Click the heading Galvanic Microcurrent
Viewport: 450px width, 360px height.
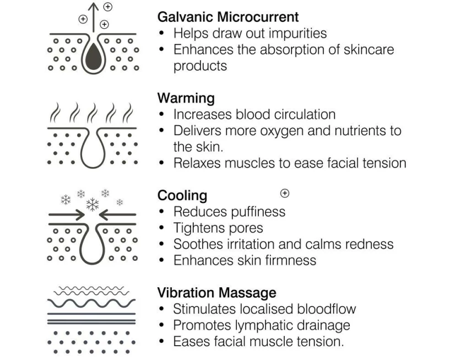coord(228,18)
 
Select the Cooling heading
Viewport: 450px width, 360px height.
coord(182,195)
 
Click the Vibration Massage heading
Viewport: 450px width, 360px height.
coord(217,292)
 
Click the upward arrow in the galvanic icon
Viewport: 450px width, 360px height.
coord(93,17)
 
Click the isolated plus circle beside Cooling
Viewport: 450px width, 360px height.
coord(285,193)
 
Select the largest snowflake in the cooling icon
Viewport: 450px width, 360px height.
coord(93,204)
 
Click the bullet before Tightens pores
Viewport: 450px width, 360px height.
coord(161,228)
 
